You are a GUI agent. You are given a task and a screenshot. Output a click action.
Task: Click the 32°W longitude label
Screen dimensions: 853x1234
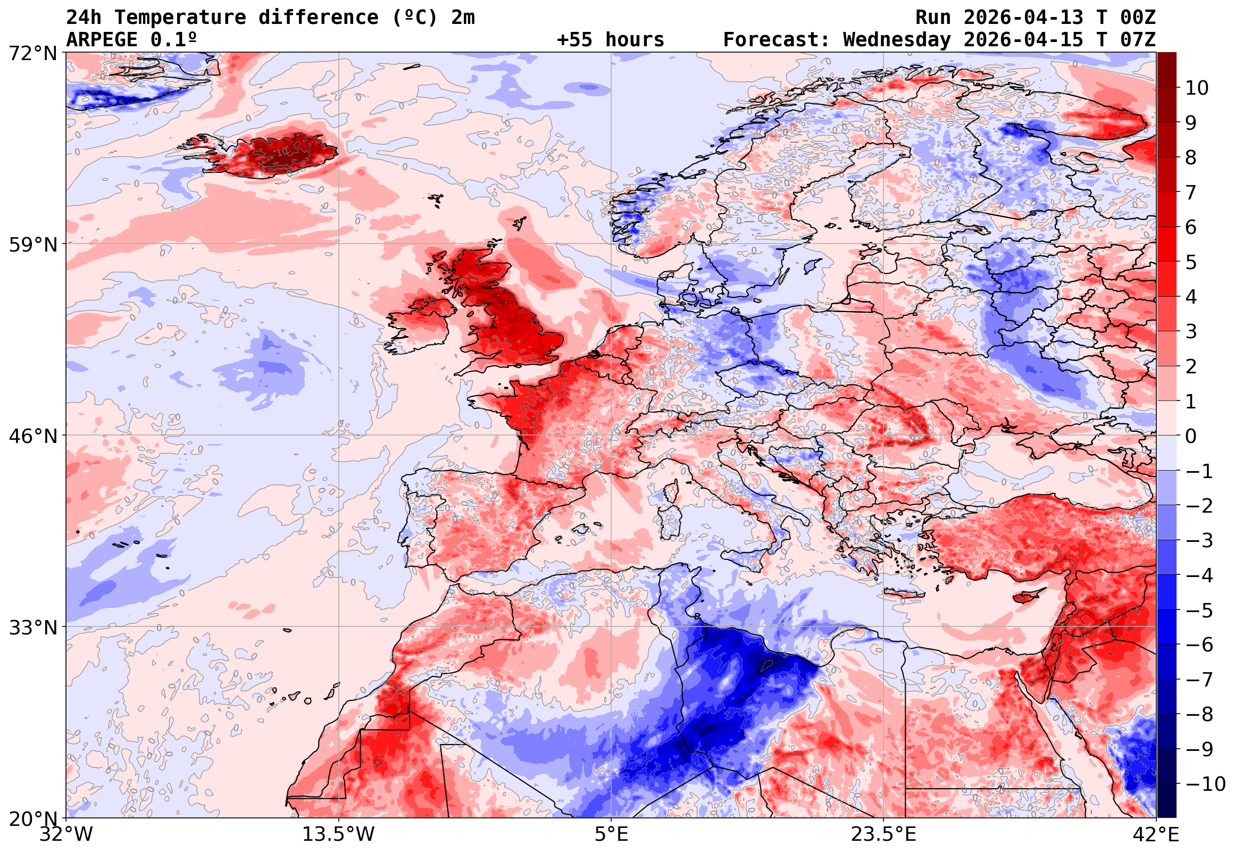point(66,834)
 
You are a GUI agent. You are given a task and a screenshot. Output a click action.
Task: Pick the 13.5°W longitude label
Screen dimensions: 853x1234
point(339,834)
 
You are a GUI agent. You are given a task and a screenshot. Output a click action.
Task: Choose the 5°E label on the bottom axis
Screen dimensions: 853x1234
point(611,834)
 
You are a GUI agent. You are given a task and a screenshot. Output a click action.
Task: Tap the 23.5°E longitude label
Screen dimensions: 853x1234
point(883,834)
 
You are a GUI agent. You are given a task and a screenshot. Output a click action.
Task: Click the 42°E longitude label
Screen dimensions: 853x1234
point(1156,834)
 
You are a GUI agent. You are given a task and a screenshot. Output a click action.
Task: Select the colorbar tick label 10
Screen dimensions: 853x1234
point(1197,88)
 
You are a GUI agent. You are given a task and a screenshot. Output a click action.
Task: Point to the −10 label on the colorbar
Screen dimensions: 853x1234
point(1205,784)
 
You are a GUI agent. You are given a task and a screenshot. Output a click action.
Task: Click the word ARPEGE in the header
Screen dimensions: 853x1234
point(102,40)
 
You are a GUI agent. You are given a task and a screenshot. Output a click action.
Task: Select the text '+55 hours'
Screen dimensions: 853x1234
point(610,40)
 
